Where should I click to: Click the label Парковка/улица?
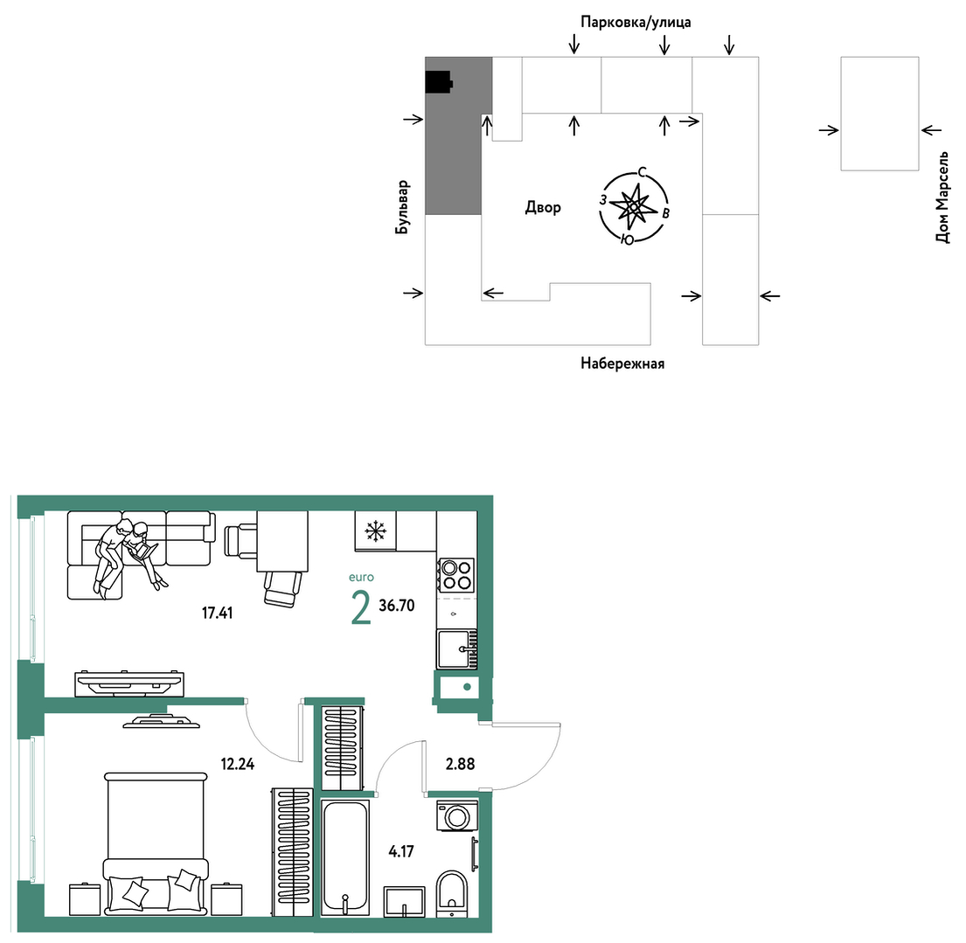click(636, 22)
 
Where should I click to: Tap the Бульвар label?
click(401, 208)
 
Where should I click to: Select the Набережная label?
click(622, 364)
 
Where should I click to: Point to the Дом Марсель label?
click(942, 197)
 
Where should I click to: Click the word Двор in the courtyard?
click(543, 207)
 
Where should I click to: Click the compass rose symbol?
click(634, 206)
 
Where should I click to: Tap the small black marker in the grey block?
click(439, 82)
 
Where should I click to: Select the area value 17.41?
click(218, 613)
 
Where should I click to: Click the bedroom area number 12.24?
click(237, 765)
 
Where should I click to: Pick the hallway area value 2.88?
click(460, 764)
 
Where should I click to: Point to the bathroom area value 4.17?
click(401, 851)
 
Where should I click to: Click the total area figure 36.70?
click(397, 606)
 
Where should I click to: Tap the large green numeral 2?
click(361, 607)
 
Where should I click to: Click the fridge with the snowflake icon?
click(375, 531)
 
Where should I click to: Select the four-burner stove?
click(456, 575)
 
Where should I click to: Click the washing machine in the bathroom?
click(457, 815)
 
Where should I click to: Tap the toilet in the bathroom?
click(452, 892)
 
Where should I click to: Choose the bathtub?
click(345, 857)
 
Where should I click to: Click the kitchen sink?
click(456, 649)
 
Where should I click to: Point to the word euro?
click(361, 577)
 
